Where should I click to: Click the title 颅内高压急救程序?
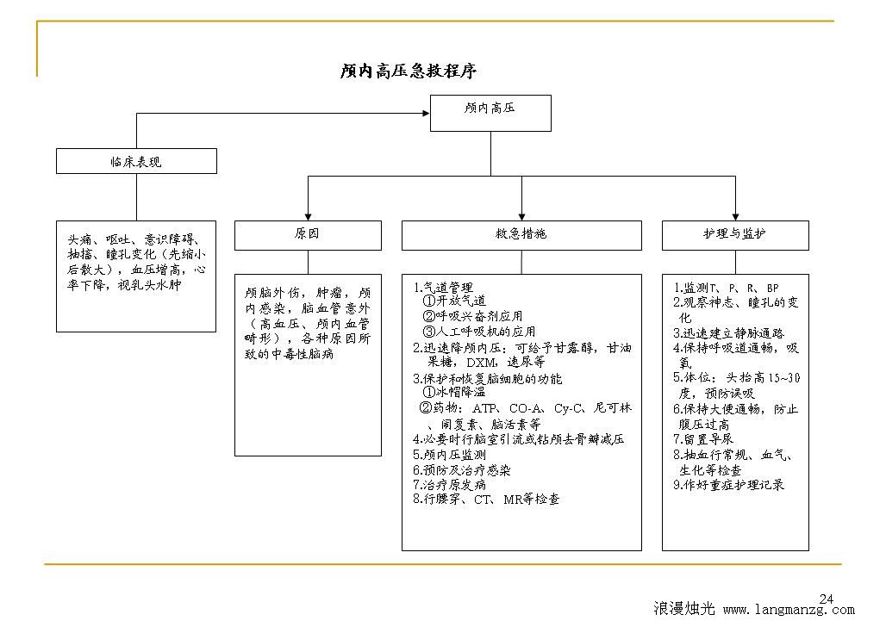tap(408, 71)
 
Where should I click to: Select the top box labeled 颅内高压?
tap(490, 113)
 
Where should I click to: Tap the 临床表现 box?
tap(136, 161)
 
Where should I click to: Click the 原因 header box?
tap(308, 235)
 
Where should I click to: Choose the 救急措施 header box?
tap(521, 235)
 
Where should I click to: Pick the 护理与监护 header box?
tap(735, 235)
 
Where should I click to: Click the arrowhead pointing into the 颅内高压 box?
tap(427, 114)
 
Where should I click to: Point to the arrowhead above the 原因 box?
tap(308, 216)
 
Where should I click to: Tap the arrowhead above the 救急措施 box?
tap(521, 216)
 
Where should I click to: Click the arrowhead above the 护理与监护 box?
tap(735, 216)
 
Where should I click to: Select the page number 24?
tap(827, 599)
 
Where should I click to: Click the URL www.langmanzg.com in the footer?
tap(789, 610)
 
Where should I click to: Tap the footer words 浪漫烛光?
tap(683, 608)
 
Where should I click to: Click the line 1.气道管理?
tap(443, 288)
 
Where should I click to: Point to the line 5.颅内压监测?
tap(449, 455)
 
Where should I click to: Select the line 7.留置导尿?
tap(703, 439)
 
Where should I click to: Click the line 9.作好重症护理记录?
tap(728, 485)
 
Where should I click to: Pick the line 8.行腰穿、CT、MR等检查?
tap(486, 500)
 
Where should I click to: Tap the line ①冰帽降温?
tap(453, 392)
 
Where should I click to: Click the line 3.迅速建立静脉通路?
tap(728, 333)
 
